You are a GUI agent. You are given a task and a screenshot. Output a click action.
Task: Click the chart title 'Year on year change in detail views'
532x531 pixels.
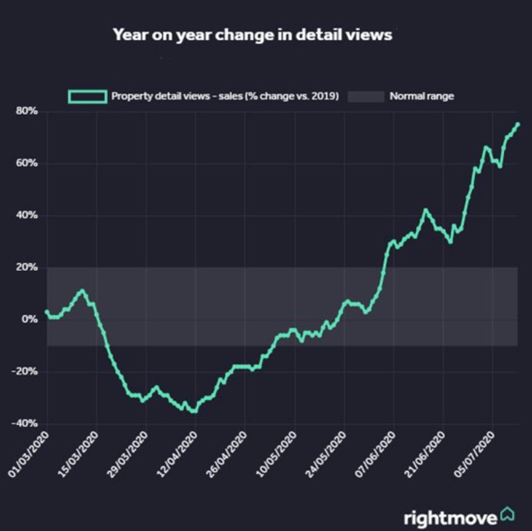click(252, 35)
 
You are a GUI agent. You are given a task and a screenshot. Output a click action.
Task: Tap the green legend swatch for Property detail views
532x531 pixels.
click(87, 96)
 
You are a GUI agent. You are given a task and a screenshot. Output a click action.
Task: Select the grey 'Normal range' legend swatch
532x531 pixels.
click(366, 96)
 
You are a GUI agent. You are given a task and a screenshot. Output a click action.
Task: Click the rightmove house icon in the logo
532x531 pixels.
click(507, 515)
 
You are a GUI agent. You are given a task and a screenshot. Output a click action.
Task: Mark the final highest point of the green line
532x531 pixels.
click(518, 124)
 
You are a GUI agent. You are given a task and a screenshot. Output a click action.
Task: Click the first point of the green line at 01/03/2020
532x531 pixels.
click(46, 312)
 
